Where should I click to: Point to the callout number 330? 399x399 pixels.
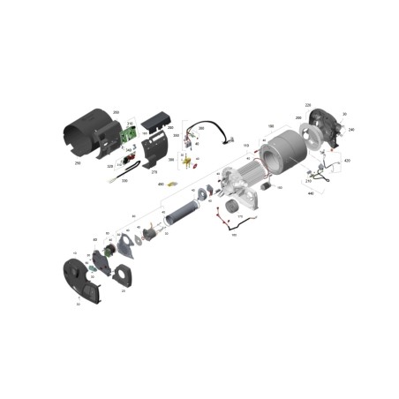pos(124,181)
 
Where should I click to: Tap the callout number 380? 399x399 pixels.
pos(201,129)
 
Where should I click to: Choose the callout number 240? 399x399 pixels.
pos(350,130)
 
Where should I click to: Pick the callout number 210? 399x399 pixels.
pos(308,181)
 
